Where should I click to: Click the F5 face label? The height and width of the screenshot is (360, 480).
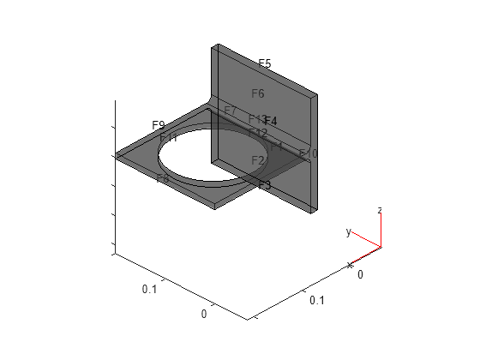coord(265,64)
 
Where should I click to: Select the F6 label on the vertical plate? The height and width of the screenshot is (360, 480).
coord(258,93)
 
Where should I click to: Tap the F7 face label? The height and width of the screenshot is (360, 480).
coord(230,111)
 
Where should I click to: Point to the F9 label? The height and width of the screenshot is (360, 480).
coord(159,125)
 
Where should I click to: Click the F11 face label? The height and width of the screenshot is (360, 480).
coord(168,137)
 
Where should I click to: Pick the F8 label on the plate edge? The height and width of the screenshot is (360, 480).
coord(163,178)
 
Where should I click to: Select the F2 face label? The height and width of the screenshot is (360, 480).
coord(258,160)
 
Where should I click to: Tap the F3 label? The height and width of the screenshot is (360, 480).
coord(264,185)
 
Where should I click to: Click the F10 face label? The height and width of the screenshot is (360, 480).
coord(308,153)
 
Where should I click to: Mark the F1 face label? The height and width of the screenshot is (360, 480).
coord(277,147)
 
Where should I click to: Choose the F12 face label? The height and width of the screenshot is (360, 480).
coord(258,133)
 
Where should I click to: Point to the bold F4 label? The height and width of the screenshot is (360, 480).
coord(271,121)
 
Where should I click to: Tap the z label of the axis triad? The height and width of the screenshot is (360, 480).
coord(380,210)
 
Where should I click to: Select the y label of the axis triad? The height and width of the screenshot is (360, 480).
coord(348,231)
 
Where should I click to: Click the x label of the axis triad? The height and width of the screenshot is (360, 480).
coord(350,266)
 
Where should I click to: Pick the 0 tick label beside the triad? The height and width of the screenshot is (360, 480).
coord(360,273)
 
